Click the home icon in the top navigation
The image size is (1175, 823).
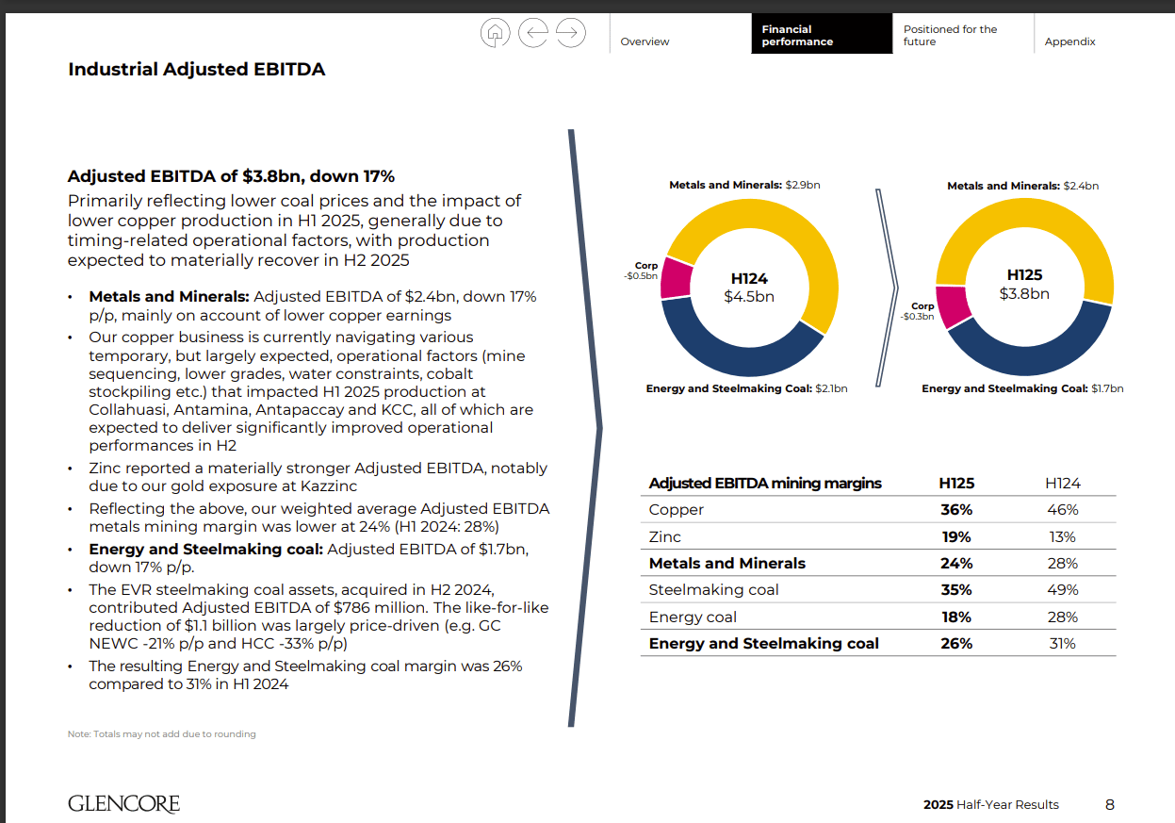pos(496,33)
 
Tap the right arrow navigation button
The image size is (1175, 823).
pos(570,33)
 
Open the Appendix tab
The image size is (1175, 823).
pos(1069,41)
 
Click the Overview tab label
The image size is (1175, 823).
pos(645,41)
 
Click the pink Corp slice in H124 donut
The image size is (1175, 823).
pos(676,277)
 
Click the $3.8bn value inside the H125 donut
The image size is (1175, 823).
pos(1024,293)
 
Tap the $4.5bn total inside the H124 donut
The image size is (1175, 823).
pos(749,296)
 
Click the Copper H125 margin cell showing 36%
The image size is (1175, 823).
pos(955,509)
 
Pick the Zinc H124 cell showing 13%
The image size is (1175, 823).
pos(1062,536)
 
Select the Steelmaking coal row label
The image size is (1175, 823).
pos(713,590)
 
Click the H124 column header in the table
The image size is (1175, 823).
pos(1062,483)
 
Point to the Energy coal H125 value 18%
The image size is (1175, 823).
pos(955,617)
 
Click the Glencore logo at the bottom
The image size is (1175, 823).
pos(123,804)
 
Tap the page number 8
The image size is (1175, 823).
pos(1109,804)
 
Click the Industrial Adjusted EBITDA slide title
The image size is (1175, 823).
pos(196,69)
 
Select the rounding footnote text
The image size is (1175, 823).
pos(161,733)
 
